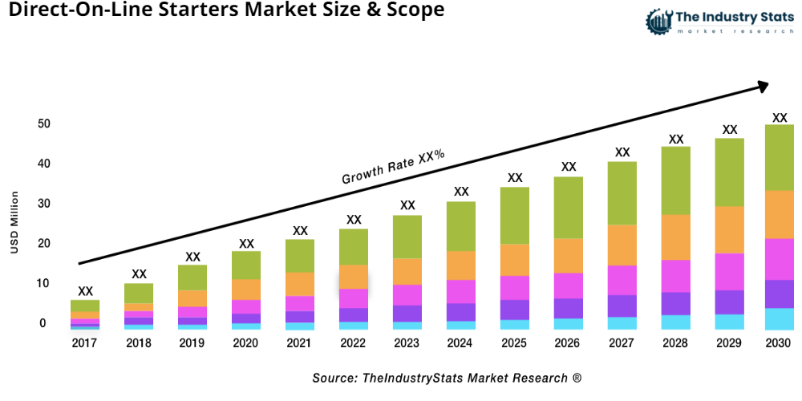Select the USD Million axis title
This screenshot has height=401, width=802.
[14, 223]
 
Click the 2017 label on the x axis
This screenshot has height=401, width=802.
[85, 343]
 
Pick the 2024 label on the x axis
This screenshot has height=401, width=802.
[461, 343]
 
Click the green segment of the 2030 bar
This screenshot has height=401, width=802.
[779, 157]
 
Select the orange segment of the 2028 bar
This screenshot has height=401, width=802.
[676, 237]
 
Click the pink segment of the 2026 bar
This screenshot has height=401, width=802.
[569, 286]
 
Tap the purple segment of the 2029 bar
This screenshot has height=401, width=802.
[730, 302]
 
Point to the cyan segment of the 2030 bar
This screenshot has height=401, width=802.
[779, 319]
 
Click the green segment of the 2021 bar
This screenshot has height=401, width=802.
[300, 256]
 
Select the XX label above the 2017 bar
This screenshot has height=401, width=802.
[85, 291]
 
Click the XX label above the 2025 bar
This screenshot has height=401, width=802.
[515, 178]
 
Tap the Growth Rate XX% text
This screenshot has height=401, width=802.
[393, 167]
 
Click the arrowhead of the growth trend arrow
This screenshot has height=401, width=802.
[762, 85]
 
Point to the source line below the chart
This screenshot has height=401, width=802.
[447, 377]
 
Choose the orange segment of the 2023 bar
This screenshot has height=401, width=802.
[407, 271]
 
